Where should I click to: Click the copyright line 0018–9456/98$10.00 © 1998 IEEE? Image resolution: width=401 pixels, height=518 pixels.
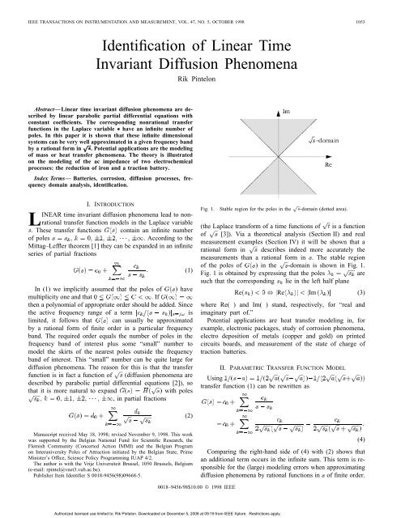click(200, 496)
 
